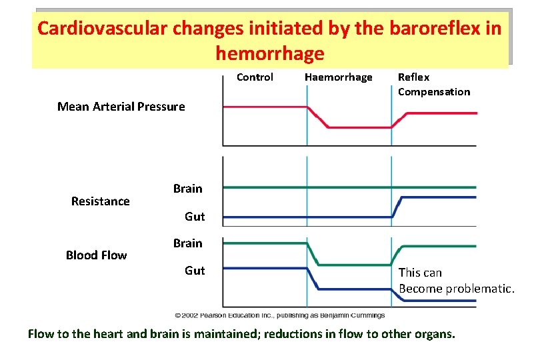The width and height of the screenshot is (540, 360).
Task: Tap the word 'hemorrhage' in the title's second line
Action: click(x=270, y=53)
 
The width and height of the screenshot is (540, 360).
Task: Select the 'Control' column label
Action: click(x=255, y=77)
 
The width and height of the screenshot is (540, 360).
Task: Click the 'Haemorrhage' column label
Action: click(x=338, y=77)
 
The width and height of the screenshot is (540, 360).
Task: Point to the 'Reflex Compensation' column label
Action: click(x=433, y=85)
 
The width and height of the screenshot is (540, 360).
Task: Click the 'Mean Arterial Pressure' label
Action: click(x=121, y=107)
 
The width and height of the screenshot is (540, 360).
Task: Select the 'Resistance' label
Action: click(x=101, y=201)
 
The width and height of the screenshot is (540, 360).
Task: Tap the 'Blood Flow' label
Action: click(x=96, y=255)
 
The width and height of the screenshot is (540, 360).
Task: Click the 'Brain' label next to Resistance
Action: click(x=187, y=189)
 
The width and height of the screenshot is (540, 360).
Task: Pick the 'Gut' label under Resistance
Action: click(x=195, y=217)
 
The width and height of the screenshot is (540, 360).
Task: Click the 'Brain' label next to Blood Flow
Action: click(x=187, y=243)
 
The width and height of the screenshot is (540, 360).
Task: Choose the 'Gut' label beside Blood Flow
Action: click(x=195, y=271)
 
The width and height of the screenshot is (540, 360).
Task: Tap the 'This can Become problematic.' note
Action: click(x=456, y=281)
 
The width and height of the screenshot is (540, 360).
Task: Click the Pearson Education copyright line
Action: click(x=280, y=315)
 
